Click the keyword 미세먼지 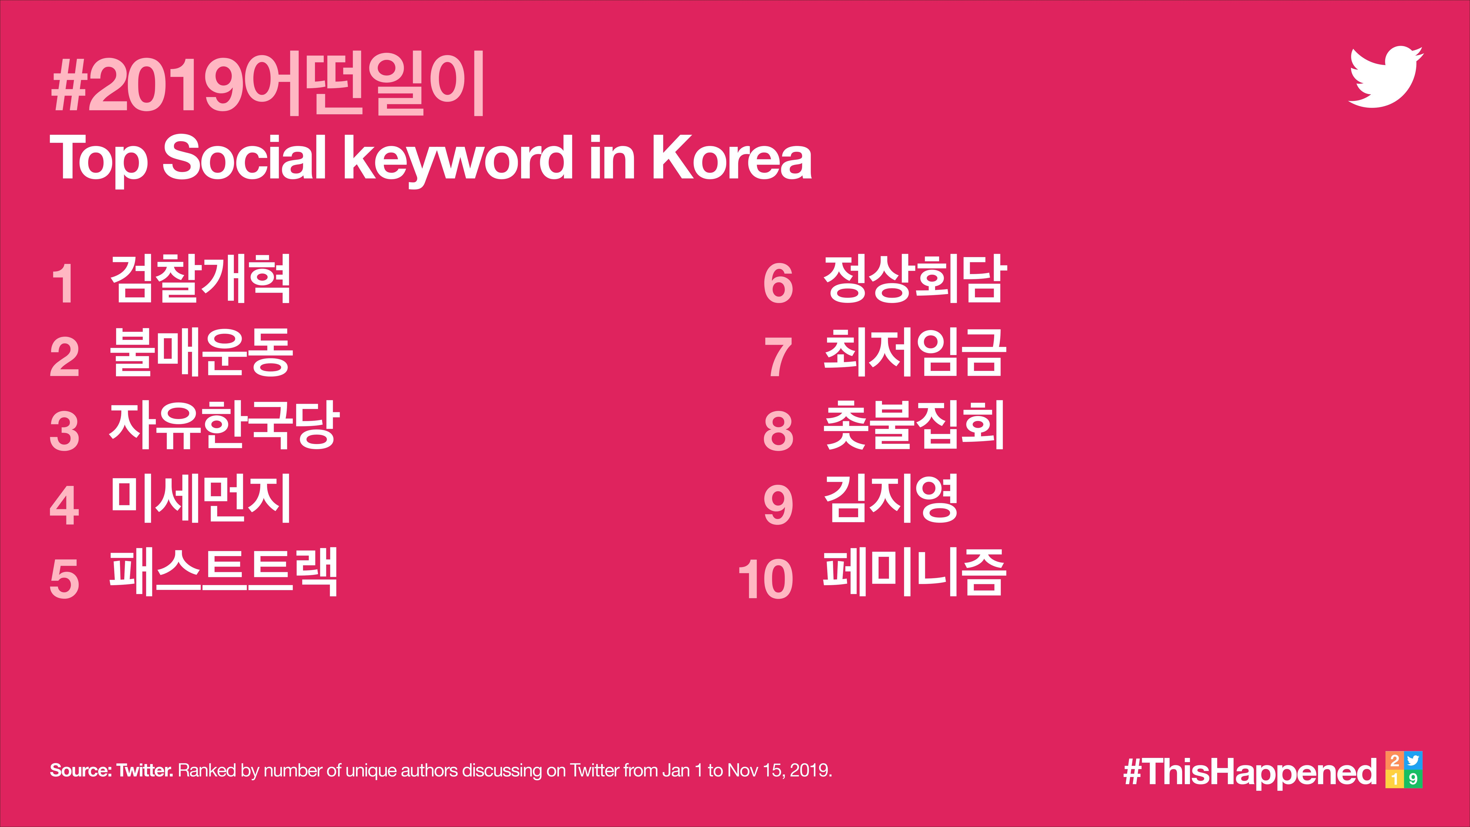click(201, 498)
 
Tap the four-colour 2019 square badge click(1404, 770)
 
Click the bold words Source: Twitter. click(111, 771)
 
